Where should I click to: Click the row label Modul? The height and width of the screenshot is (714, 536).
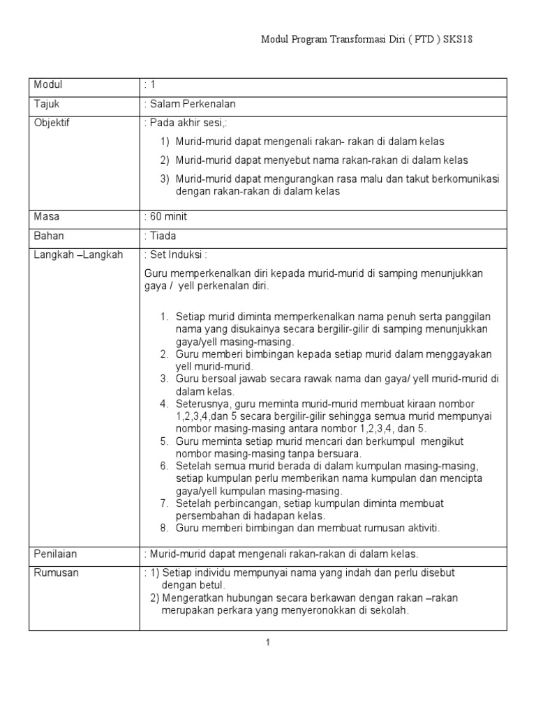[x=48, y=85]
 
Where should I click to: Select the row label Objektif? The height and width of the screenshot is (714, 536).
[x=52, y=123]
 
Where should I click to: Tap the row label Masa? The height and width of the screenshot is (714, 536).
[x=47, y=217]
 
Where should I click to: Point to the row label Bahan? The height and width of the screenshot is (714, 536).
[x=49, y=236]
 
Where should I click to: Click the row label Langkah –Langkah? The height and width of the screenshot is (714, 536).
[x=78, y=255]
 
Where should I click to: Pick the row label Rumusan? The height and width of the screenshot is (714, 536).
[x=57, y=572]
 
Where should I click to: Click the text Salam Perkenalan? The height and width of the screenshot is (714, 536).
[x=193, y=104]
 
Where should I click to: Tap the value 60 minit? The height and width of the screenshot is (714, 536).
[x=167, y=217]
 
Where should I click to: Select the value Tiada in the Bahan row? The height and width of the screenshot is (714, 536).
[x=163, y=236]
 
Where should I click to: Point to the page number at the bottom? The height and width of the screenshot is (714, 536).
[x=267, y=642]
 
